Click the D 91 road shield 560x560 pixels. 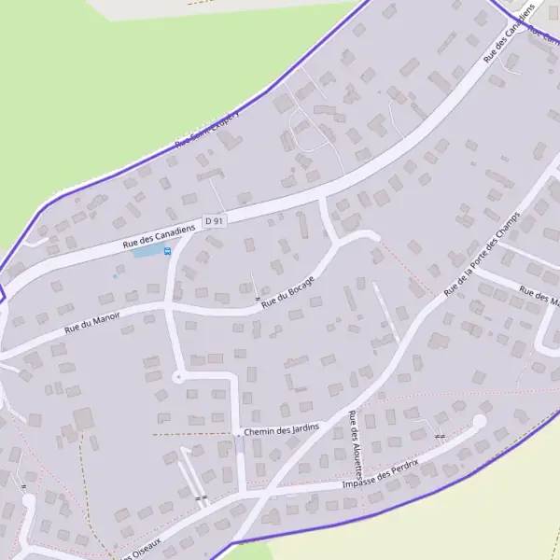[215, 221]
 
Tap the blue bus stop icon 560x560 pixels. [168, 250]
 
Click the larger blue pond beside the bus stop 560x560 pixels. [146, 251]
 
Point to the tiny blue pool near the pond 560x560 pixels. [115, 275]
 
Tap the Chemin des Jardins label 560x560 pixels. [280, 429]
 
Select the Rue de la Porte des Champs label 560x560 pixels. [482, 259]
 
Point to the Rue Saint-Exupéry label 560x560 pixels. [207, 130]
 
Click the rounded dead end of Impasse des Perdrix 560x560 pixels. [480, 422]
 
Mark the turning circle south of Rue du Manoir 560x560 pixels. [178, 376]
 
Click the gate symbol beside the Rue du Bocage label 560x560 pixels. [257, 298]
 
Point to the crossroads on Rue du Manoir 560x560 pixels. [168, 305]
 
